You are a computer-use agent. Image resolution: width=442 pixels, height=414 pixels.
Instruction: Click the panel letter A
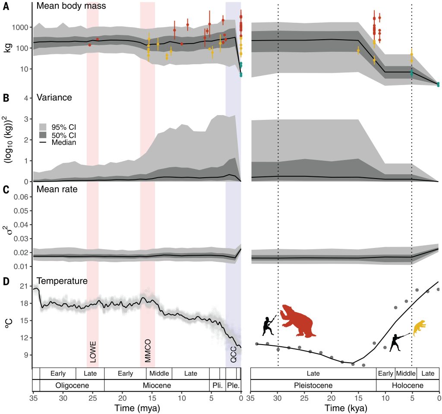point(6,6)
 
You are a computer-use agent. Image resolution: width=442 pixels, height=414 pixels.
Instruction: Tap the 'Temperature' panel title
point(63,281)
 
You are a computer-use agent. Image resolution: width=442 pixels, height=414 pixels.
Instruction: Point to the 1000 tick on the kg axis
point(21,27)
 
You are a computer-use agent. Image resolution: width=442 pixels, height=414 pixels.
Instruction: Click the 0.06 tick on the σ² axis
point(20,197)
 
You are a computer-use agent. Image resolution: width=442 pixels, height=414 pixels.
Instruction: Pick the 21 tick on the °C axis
point(24,286)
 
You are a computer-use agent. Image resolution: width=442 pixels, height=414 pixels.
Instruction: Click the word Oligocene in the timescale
point(72,385)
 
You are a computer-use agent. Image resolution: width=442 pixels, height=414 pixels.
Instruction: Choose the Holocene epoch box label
point(407,385)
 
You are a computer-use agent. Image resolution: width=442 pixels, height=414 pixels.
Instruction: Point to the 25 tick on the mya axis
point(92,396)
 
